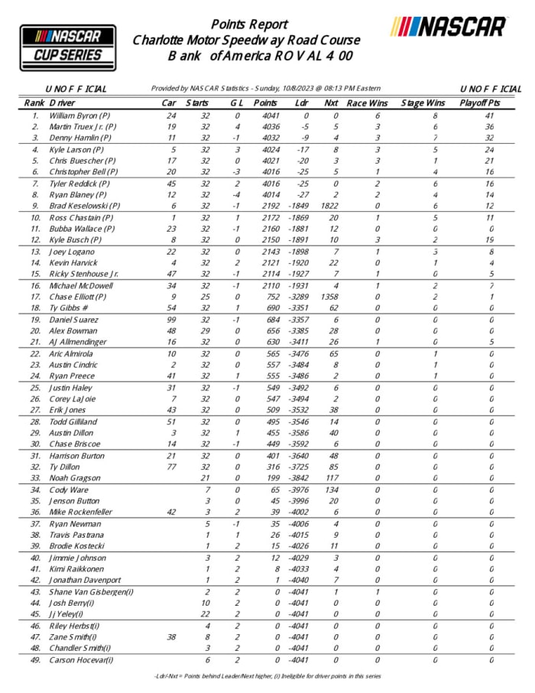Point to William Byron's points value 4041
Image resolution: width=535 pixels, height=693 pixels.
tap(265, 116)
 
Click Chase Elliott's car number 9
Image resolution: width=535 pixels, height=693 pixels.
tap(173, 297)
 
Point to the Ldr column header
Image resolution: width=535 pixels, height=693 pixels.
tap(302, 102)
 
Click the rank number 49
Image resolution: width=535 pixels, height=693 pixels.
tap(34, 659)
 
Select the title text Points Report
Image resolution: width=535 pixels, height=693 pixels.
tap(249, 24)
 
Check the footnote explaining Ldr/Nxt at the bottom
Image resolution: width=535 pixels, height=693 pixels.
tap(267, 676)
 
